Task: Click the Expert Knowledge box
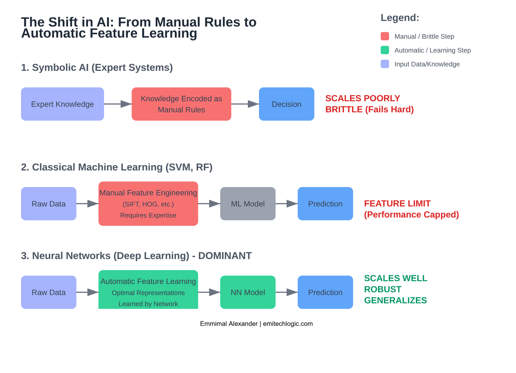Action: tap(62, 104)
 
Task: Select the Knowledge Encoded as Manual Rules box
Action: tap(181, 104)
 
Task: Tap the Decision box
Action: tap(286, 104)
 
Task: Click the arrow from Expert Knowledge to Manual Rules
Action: tap(118, 104)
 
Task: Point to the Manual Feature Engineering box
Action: tap(148, 204)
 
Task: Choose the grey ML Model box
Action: tap(248, 204)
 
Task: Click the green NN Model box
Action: tap(248, 292)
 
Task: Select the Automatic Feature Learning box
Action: tap(148, 290)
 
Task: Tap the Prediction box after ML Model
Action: tap(325, 204)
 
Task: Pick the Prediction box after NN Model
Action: tap(325, 292)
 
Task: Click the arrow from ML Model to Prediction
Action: tap(286, 204)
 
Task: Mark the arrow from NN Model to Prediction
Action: tap(286, 292)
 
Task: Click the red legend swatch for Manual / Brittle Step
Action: tap(385, 36)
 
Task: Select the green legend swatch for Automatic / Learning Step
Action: tap(385, 50)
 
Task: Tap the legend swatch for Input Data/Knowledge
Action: tap(385, 64)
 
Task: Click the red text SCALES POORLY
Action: tap(362, 98)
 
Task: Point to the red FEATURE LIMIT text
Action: tap(397, 204)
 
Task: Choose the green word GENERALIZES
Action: tap(395, 300)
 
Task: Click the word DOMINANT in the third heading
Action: tap(225, 256)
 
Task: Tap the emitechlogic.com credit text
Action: tap(288, 324)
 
